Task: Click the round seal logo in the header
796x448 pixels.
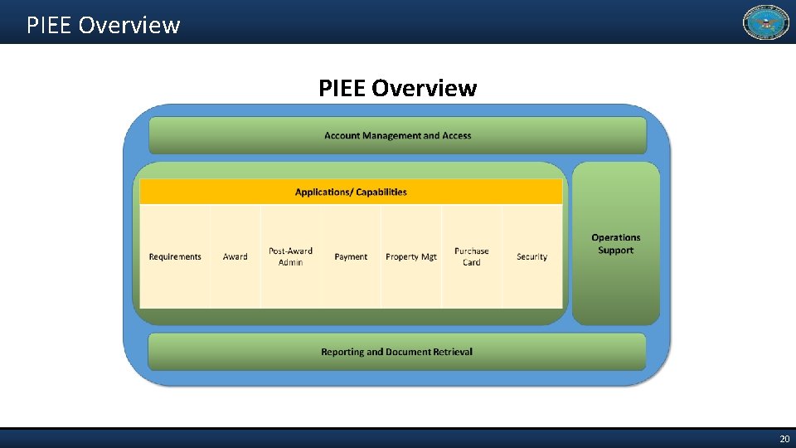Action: coord(765,22)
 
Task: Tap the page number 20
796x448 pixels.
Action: coord(784,439)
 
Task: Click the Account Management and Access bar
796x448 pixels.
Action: coord(397,135)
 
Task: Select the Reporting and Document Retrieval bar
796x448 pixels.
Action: coord(396,352)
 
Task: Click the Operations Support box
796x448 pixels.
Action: coord(615,244)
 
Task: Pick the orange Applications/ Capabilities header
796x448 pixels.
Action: coord(351,192)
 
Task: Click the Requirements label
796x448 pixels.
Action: coord(175,257)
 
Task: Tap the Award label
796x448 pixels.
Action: coord(235,257)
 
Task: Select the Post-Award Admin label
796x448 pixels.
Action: coord(290,256)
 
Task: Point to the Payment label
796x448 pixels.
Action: coord(351,257)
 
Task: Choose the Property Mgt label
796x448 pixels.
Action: coord(411,257)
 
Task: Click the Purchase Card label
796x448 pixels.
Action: coord(471,256)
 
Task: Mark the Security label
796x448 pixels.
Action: coord(531,257)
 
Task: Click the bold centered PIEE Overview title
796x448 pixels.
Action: coord(397,88)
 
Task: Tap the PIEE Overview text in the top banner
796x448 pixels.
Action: coord(103,25)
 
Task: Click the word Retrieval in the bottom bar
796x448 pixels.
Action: coord(451,352)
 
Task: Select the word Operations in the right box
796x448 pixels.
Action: coord(615,237)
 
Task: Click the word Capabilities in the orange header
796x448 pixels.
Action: coord(381,192)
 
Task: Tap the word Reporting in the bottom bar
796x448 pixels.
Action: coord(342,352)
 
